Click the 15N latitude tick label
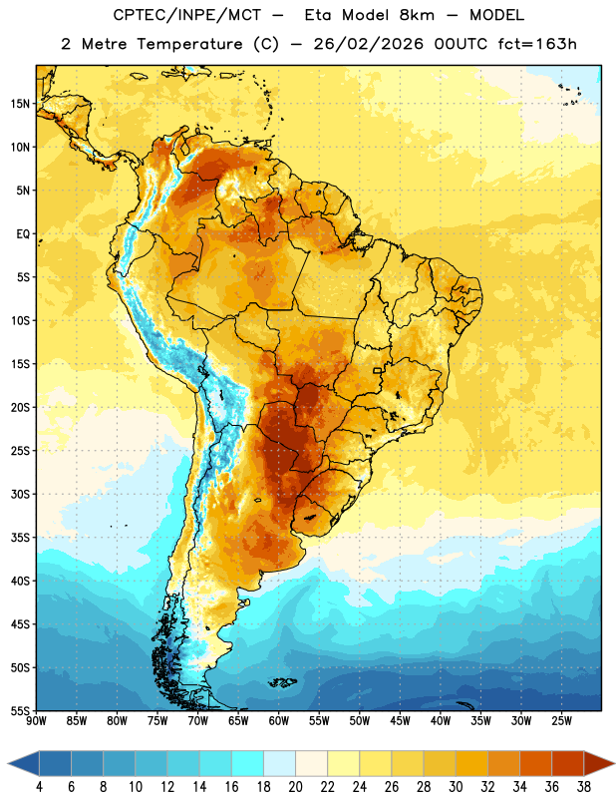tap(20, 104)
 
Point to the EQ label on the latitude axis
tap(23, 234)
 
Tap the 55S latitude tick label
tap(20, 711)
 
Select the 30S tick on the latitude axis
tap(20, 494)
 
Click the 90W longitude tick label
tap(36, 721)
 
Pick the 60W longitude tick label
tap(279, 721)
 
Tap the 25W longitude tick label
tap(561, 721)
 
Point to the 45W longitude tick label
tap(400, 721)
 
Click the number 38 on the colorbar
tap(584, 787)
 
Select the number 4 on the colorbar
tap(39, 787)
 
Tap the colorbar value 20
tap(295, 787)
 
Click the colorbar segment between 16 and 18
tap(248, 763)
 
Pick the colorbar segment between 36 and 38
tap(568, 763)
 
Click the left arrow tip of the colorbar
tap(8, 763)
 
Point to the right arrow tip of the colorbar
tap(614, 763)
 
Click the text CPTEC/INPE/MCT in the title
tap(187, 15)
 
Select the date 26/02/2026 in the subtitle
tap(369, 44)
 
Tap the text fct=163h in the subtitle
tap(537, 44)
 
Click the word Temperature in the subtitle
tap(189, 45)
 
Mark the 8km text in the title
tap(417, 15)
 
